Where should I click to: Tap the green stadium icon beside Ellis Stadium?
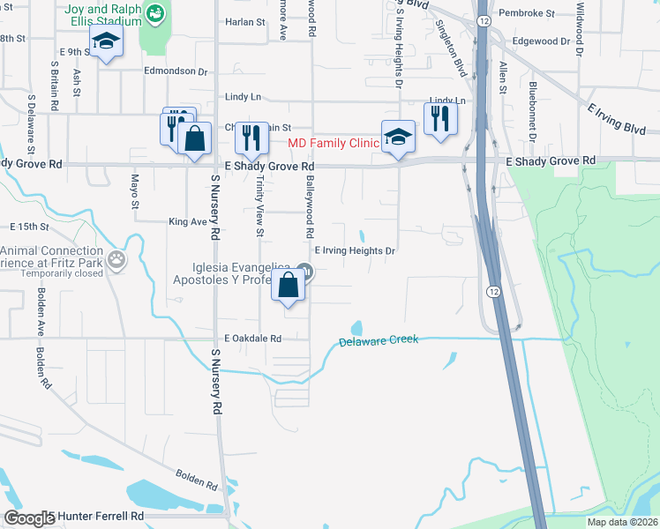[156, 13]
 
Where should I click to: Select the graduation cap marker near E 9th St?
[107, 41]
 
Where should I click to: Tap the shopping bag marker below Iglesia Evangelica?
[289, 286]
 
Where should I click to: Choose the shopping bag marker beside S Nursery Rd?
[194, 139]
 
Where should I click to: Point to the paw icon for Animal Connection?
[117, 258]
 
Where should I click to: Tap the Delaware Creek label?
[379, 341]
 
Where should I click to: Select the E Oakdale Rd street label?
[252, 338]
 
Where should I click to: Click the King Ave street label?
[187, 222]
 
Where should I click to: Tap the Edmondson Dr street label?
[176, 72]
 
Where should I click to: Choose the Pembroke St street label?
[526, 14]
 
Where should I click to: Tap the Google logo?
[29, 518]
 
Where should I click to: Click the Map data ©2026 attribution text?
[622, 522]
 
